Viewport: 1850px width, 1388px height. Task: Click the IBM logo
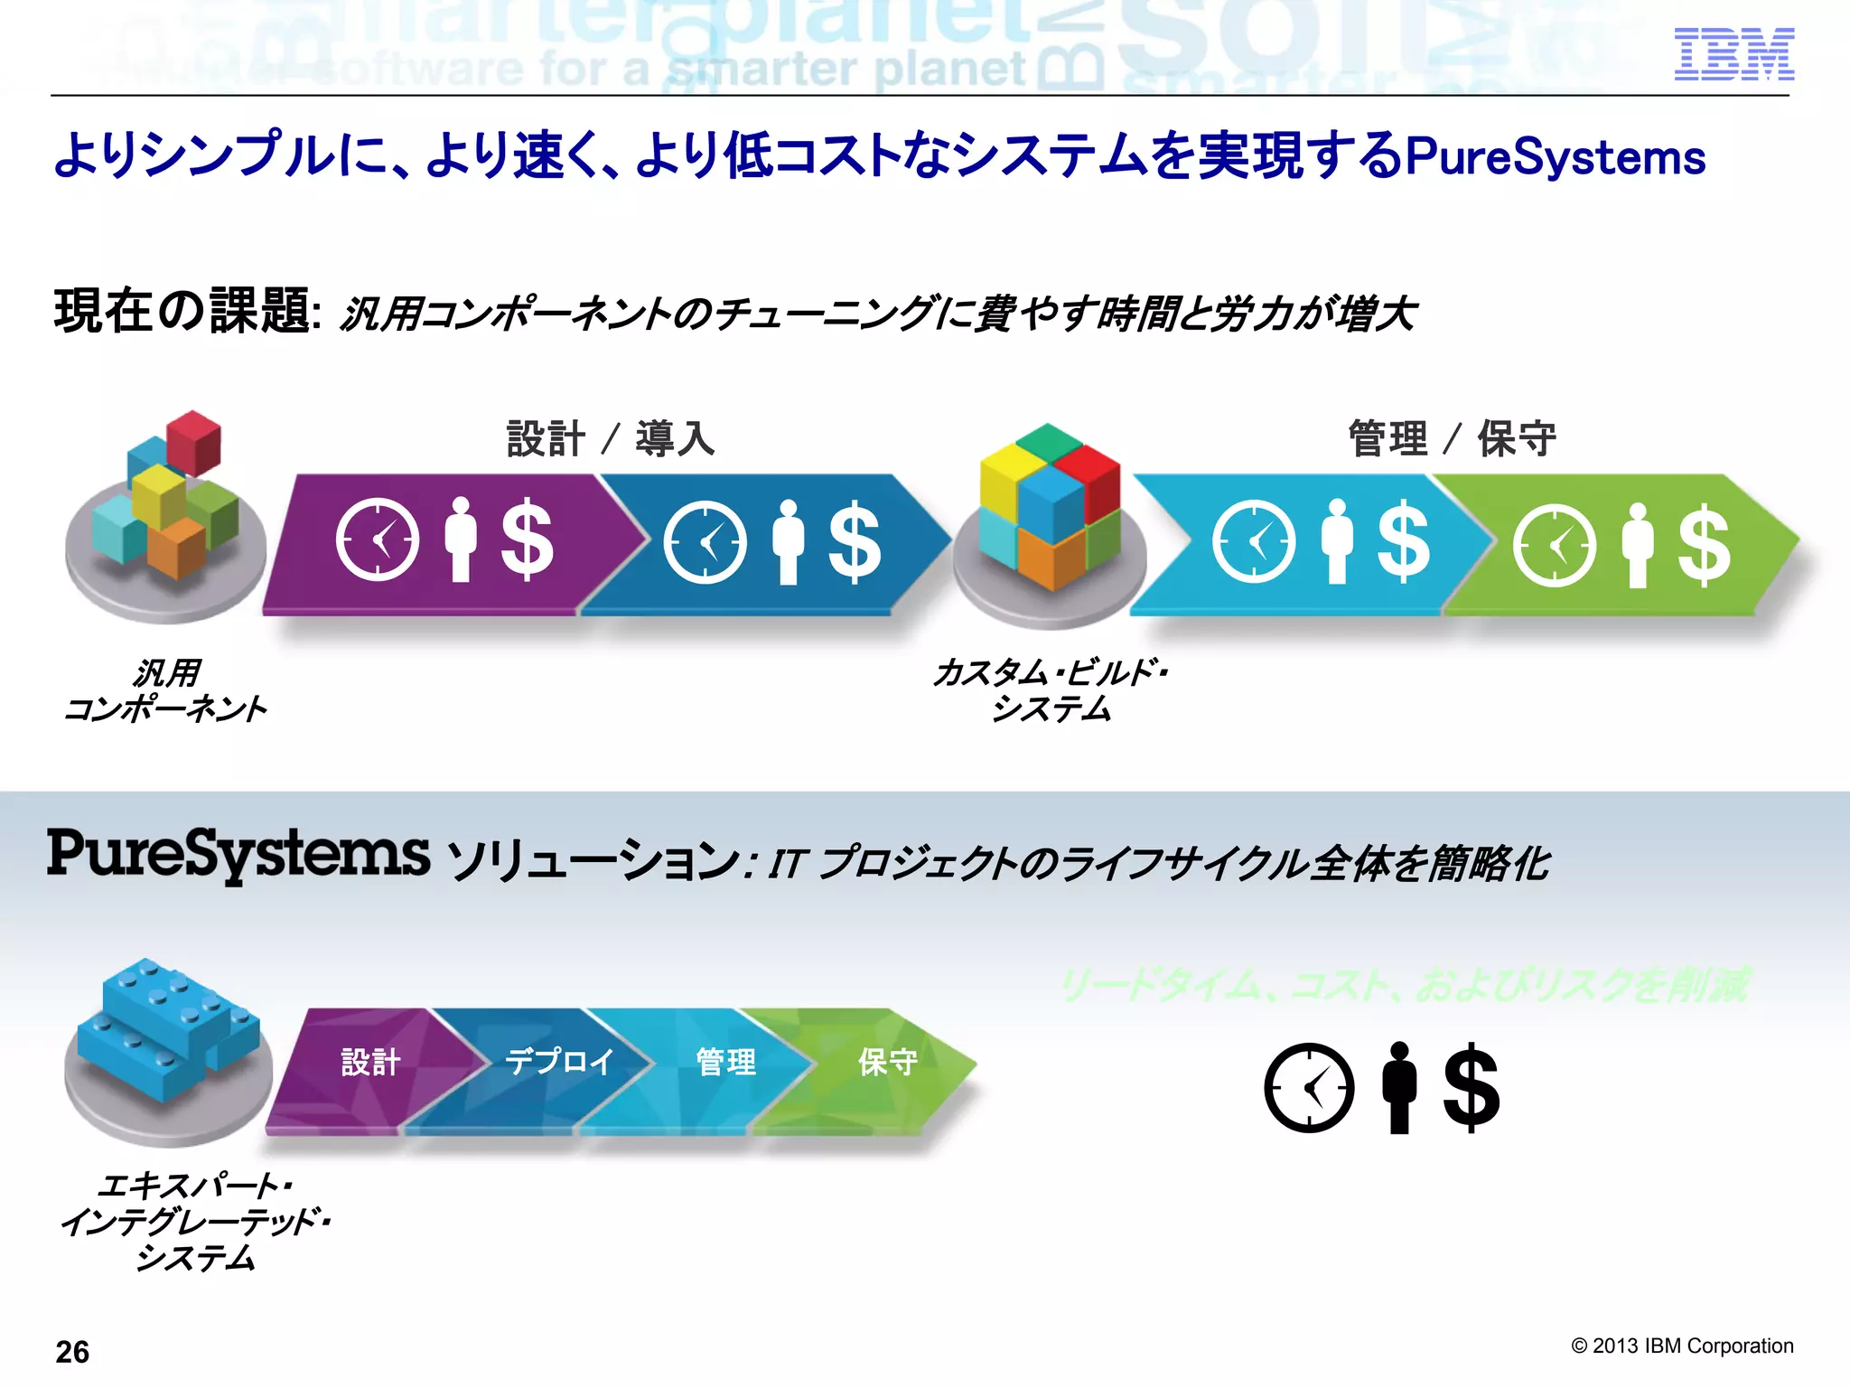click(1733, 54)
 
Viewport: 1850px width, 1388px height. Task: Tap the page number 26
click(72, 1352)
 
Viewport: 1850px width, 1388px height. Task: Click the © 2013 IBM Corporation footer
click(1682, 1346)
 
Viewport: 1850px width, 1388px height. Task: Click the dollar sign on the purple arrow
click(527, 539)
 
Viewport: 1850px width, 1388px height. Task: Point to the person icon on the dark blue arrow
click(788, 541)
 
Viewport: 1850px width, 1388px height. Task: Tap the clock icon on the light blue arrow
click(1254, 540)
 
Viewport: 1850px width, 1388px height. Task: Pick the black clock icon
click(1309, 1087)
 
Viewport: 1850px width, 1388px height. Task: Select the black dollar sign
click(1472, 1087)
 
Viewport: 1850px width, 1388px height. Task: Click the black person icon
click(1399, 1087)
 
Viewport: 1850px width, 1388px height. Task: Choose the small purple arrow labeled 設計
click(370, 1063)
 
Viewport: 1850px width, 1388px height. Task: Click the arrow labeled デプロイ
click(558, 1063)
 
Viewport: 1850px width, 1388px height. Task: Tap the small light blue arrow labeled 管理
click(725, 1063)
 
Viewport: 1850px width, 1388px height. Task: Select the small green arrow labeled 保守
click(887, 1063)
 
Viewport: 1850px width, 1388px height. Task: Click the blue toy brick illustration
click(168, 1030)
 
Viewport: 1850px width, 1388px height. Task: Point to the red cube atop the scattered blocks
click(193, 441)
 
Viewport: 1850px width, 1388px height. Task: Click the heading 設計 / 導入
click(611, 439)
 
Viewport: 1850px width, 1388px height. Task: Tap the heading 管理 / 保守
click(1452, 439)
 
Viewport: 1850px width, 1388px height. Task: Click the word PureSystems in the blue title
click(1556, 157)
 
